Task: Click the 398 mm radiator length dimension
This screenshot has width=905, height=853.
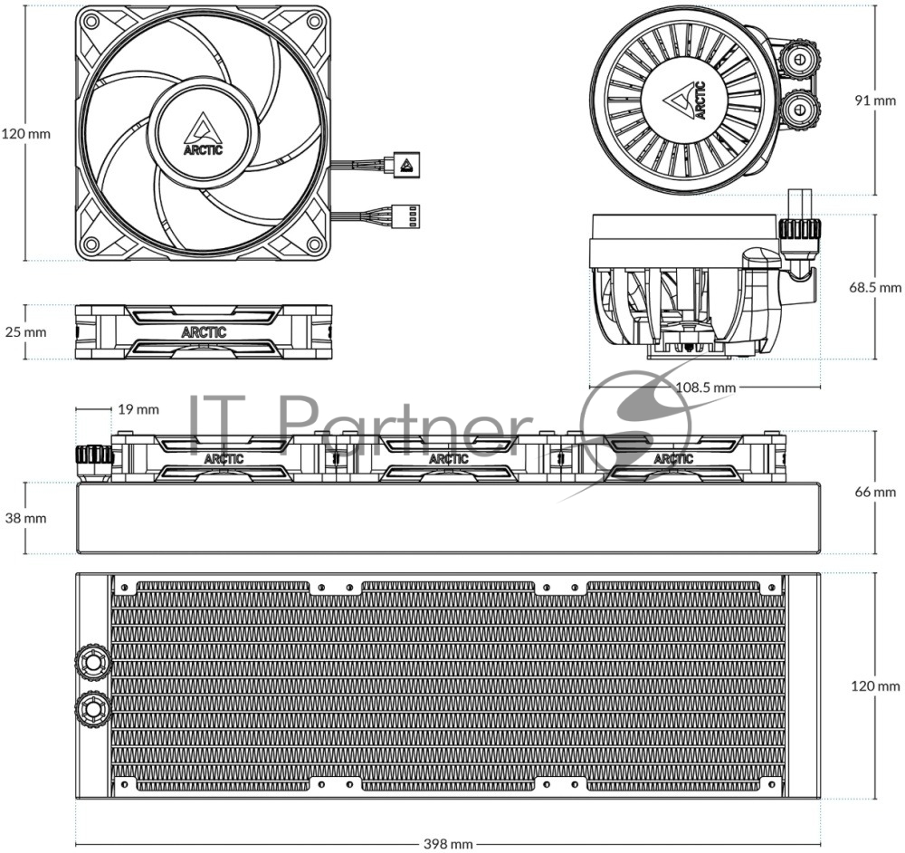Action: click(x=448, y=844)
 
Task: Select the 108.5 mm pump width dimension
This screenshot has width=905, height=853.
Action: click(x=705, y=387)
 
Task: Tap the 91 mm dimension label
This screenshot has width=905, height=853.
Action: click(x=875, y=101)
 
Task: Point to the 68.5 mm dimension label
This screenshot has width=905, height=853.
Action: click(x=875, y=287)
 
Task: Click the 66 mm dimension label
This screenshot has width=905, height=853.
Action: click(x=875, y=492)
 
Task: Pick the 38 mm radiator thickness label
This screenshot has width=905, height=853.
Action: click(x=25, y=518)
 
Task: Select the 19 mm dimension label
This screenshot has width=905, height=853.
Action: click(x=138, y=409)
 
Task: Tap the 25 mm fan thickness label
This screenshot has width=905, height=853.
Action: click(x=25, y=332)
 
